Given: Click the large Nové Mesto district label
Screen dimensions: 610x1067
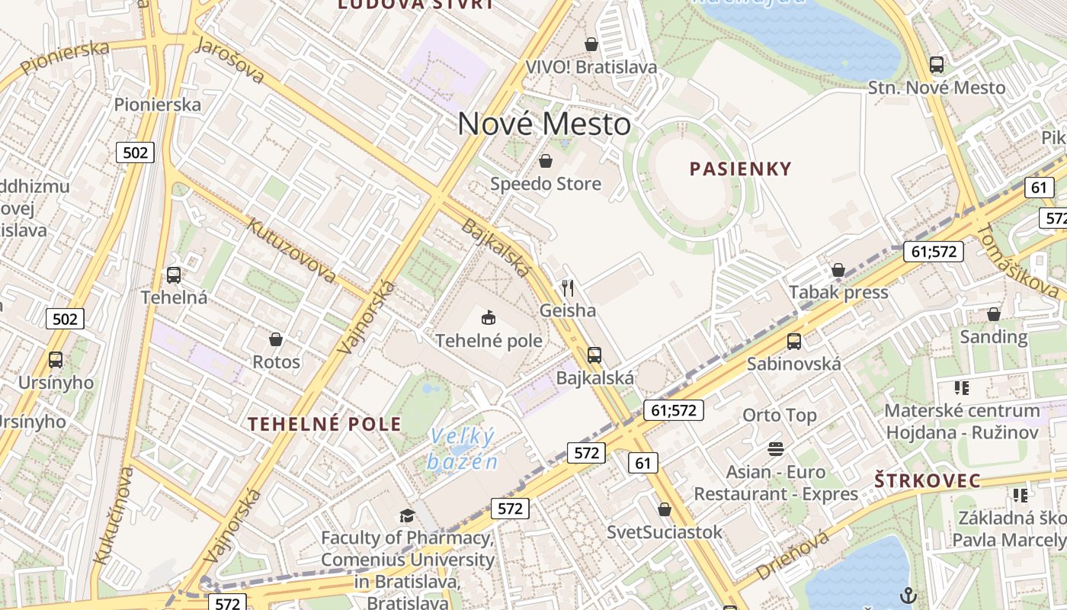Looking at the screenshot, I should coord(544,124).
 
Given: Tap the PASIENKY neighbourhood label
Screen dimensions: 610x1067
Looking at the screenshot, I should coord(740,169).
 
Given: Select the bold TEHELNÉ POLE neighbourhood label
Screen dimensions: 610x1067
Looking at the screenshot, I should coord(324,424).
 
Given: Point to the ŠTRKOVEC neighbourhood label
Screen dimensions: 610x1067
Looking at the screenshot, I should coord(927,480).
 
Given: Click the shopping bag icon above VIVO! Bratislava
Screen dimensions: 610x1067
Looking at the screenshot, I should coord(591,44).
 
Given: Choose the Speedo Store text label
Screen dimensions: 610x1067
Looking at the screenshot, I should coord(545,184).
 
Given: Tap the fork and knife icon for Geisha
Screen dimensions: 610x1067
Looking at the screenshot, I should coord(567,287).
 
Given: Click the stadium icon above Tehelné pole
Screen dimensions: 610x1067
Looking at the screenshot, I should coord(489,317).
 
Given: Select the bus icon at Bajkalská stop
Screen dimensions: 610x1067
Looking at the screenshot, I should coord(594,355).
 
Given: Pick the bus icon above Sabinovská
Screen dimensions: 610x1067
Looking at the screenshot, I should coord(793,341).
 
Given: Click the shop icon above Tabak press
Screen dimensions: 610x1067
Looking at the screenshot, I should coord(838,270).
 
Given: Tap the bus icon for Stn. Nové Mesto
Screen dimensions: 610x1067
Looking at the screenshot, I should coord(936,65).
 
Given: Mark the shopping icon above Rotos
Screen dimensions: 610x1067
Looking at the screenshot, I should coord(276,339).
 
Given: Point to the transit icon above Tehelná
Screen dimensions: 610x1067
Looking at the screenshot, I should coord(174,274).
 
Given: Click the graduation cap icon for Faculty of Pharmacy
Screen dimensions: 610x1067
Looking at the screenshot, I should coord(407,515).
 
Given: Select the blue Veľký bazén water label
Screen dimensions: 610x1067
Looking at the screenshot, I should coord(462,448).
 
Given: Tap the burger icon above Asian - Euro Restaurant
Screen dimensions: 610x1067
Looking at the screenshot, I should coord(776,449).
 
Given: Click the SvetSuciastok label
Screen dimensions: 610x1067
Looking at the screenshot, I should coord(664,531).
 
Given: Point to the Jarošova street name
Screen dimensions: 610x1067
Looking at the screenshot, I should coord(230,59).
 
